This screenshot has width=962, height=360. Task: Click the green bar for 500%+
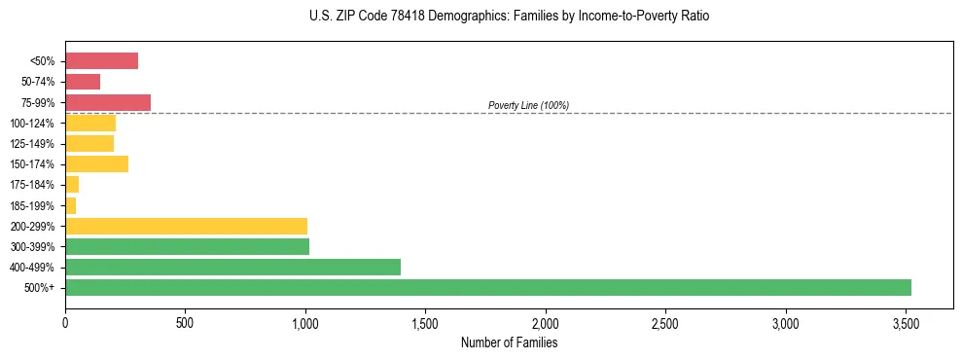click(x=487, y=287)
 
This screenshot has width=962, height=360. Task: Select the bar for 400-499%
click(x=232, y=267)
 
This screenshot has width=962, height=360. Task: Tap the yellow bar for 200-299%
click(x=186, y=226)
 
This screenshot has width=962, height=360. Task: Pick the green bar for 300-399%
click(x=187, y=246)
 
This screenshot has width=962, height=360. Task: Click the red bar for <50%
click(x=101, y=61)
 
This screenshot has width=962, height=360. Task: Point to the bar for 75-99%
click(x=108, y=102)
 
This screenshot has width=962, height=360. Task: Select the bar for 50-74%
click(x=83, y=82)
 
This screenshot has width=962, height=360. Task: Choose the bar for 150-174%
click(x=96, y=163)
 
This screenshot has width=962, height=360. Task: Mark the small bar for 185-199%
click(x=70, y=205)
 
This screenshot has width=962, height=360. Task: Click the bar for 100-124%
click(x=90, y=123)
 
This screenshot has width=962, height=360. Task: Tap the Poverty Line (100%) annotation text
click(x=528, y=105)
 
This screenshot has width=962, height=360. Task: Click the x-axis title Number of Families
click(x=509, y=342)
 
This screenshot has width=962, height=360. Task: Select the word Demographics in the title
click(x=439, y=17)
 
